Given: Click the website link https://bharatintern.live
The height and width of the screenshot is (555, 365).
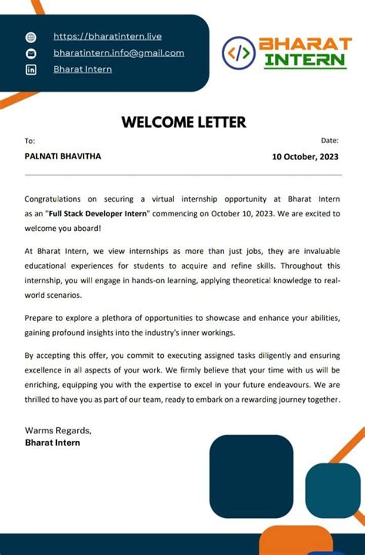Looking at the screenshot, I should [x=107, y=36].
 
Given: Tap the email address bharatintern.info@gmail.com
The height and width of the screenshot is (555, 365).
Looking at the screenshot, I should [x=119, y=53].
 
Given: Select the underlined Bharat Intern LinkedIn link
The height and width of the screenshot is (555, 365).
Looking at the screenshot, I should [x=82, y=69].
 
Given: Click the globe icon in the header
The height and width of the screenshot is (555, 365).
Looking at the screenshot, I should [x=32, y=37].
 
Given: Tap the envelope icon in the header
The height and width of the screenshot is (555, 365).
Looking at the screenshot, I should [x=32, y=53].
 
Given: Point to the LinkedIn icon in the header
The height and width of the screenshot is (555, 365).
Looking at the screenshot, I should [x=32, y=70].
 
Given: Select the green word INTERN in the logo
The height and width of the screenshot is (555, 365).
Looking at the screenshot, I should [x=304, y=61].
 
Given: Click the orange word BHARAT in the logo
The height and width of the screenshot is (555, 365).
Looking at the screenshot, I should [x=304, y=44].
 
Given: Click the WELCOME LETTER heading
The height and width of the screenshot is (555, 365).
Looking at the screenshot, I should [x=183, y=122].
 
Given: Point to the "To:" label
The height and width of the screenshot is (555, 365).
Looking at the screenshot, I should [x=30, y=141].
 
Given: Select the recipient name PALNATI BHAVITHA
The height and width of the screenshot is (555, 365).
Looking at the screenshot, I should [x=62, y=156].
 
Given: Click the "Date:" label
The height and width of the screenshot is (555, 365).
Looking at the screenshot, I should [x=330, y=140].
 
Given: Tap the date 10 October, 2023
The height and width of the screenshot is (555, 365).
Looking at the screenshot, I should [x=305, y=157].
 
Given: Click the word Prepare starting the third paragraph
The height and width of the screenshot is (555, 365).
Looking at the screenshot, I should [x=42, y=318].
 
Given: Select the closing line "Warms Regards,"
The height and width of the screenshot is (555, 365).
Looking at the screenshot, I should [x=58, y=430].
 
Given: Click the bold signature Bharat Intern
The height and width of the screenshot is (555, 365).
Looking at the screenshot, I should [x=52, y=443].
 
